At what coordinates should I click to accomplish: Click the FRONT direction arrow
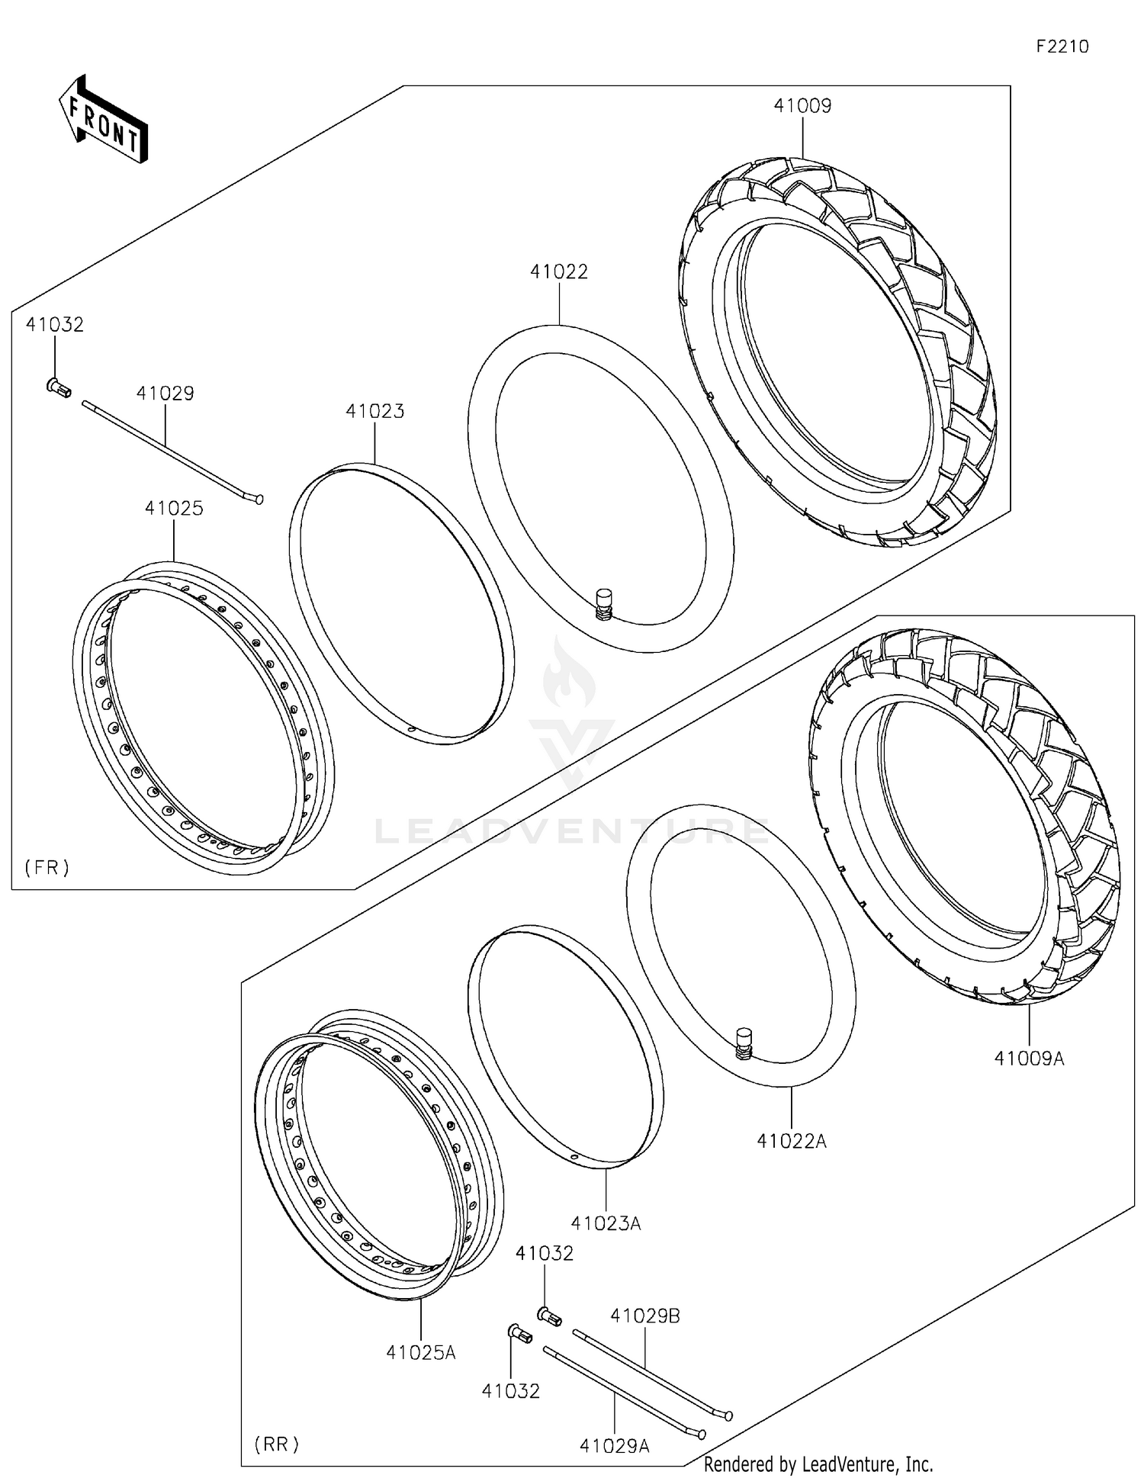(x=104, y=120)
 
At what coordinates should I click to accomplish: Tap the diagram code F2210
(x=1062, y=47)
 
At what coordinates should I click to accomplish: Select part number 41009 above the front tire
(x=802, y=106)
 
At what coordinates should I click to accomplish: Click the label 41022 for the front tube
(x=559, y=272)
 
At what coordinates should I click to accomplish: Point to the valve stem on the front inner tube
(x=603, y=603)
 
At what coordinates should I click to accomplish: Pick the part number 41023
(x=374, y=412)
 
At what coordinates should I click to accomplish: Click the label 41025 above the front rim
(x=174, y=509)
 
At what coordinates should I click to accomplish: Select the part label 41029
(x=165, y=394)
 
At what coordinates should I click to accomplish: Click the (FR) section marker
(x=47, y=866)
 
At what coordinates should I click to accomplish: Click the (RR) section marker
(x=276, y=1444)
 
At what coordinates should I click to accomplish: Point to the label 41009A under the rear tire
(x=1029, y=1059)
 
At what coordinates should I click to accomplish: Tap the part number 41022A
(x=792, y=1141)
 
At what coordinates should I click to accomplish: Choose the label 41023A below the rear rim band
(x=606, y=1223)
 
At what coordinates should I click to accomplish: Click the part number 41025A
(x=420, y=1352)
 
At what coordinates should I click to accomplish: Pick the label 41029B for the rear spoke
(x=645, y=1316)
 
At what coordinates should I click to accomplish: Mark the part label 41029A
(x=614, y=1446)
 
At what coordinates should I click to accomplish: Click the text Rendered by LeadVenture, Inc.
(x=818, y=1464)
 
